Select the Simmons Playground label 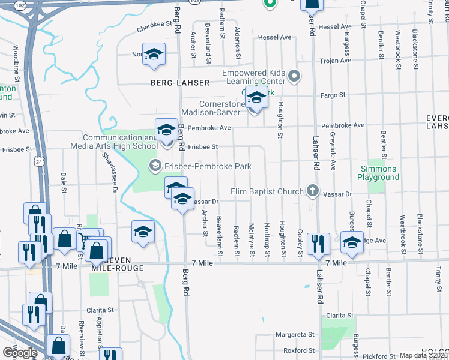pos(378,173)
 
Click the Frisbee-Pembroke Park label pos(208,166)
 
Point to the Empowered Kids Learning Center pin pos(294,76)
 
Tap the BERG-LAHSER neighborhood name pos(180,83)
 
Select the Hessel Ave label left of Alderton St pos(274,37)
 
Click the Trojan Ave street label pos(337,61)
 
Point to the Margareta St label pos(295,334)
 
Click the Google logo pos(20,353)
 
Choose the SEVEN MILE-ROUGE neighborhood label pos(117,263)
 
